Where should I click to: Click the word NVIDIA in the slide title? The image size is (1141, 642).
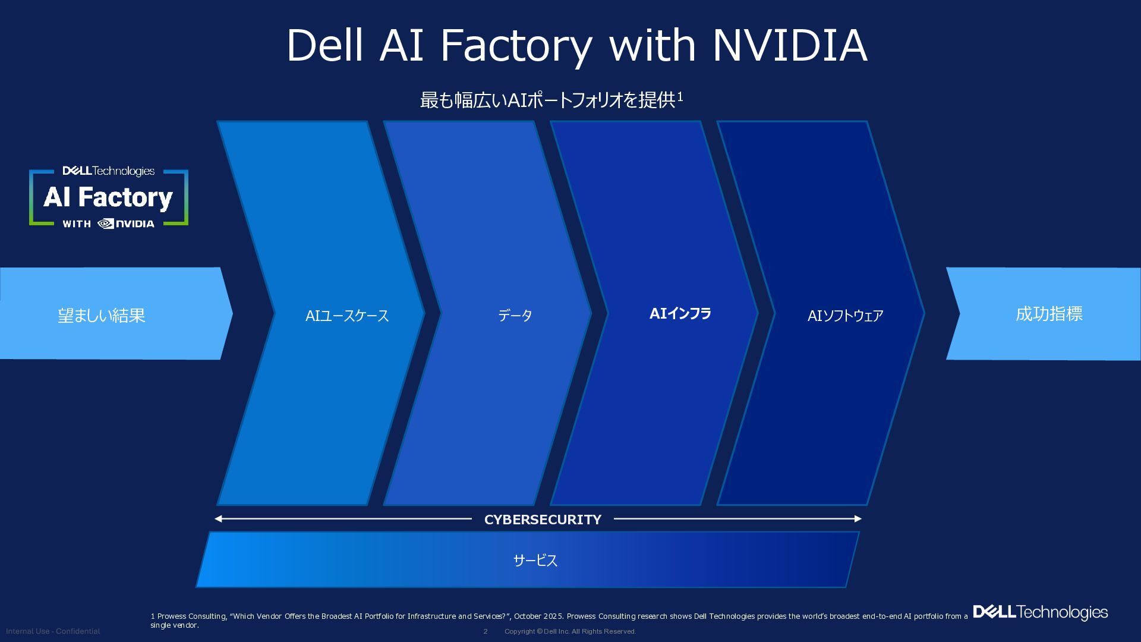[x=790, y=45]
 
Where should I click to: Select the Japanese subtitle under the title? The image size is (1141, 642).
[x=551, y=100]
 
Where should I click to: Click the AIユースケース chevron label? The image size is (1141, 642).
[x=347, y=316]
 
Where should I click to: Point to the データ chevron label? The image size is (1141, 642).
[x=515, y=315]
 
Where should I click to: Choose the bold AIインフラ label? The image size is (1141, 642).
[x=680, y=313]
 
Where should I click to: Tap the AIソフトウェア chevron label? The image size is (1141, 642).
[x=845, y=316]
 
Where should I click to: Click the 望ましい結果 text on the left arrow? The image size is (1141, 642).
[x=102, y=315]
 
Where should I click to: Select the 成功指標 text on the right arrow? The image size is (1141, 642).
[x=1049, y=313]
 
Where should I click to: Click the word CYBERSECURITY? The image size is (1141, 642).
[x=543, y=520]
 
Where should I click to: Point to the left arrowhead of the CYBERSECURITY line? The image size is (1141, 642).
[x=218, y=519]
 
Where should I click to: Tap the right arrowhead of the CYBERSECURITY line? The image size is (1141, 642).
[x=858, y=519]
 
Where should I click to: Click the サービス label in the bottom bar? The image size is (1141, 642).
[x=535, y=560]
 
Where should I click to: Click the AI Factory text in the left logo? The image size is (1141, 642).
[x=108, y=198]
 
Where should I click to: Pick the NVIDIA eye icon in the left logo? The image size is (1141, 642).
[x=106, y=224]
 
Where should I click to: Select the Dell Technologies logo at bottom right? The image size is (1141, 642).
[x=1040, y=612]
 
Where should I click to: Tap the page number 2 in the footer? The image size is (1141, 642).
[x=486, y=631]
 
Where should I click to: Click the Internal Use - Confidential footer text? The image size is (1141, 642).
[x=53, y=631]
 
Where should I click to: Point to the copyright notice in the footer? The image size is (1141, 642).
[x=570, y=631]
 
